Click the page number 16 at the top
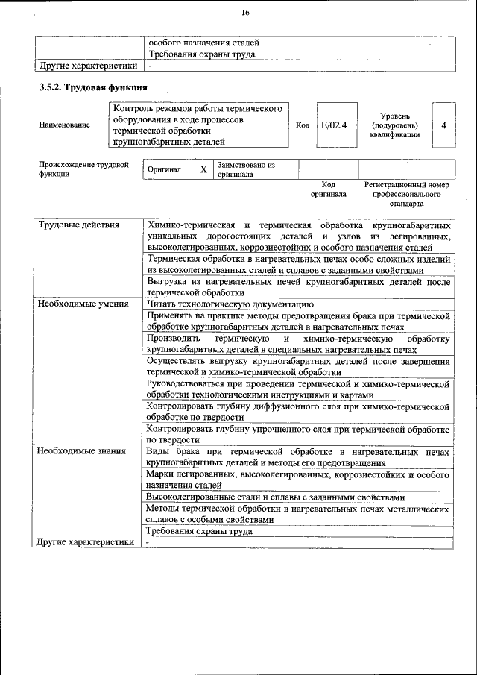tap(245, 12)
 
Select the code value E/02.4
tap(334, 125)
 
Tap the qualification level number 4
tap(443, 125)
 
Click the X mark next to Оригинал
tap(203, 169)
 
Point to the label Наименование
tap(63, 125)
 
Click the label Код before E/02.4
tap(303, 125)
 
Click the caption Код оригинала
tap(328, 189)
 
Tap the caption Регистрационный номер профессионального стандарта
tap(406, 193)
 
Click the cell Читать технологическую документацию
tap(230, 304)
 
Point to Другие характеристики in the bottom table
tap(86, 542)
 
